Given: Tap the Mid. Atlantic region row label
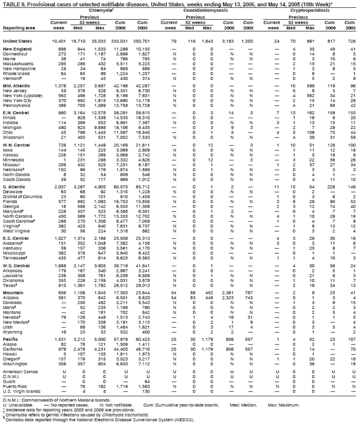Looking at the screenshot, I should tap(16, 85).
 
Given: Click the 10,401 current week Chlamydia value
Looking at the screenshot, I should tap(58, 41).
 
